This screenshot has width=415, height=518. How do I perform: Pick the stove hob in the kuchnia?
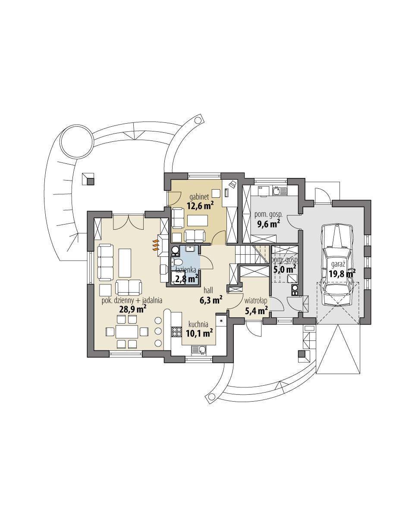176,332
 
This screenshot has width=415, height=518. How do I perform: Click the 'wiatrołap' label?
255,301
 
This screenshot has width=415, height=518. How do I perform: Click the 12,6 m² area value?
201,206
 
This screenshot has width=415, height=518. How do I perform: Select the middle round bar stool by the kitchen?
158,331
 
